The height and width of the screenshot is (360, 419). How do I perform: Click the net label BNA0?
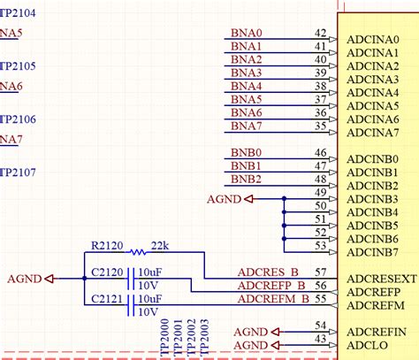[x=247, y=33]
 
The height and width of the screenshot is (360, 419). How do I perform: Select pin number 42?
[x=320, y=32]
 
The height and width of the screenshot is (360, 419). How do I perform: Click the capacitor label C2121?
[x=108, y=301]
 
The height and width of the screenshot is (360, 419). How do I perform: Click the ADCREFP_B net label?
[x=272, y=286]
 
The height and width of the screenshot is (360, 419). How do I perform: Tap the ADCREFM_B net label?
[x=272, y=300]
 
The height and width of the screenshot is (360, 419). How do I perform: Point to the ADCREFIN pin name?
[x=377, y=330]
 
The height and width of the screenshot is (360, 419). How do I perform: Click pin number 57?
[x=320, y=272]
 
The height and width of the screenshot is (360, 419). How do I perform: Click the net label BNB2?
[x=246, y=180]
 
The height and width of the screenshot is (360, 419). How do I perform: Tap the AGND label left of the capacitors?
[x=24, y=279]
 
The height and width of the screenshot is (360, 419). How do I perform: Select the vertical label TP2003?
[x=205, y=337]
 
